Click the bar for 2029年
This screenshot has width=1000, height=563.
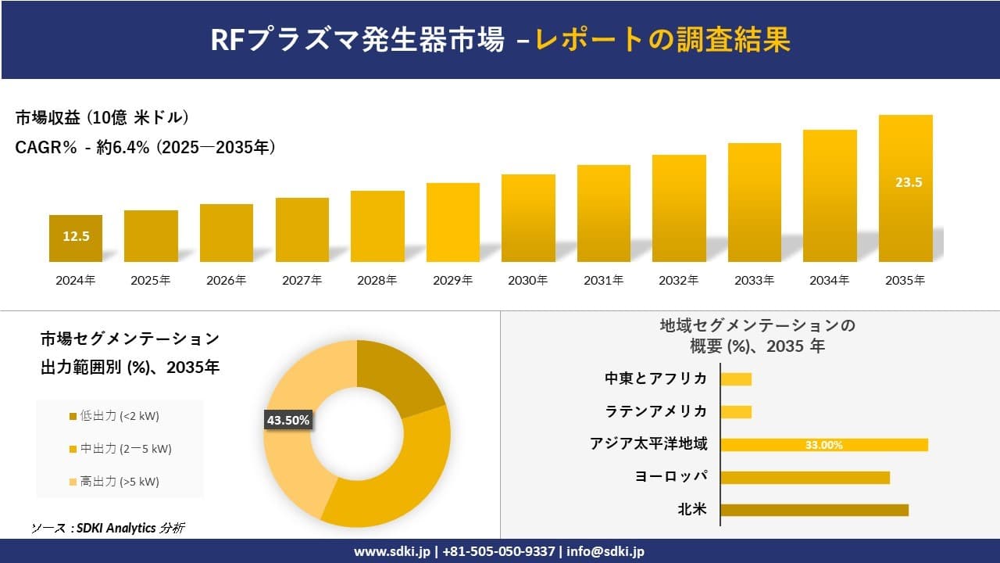[453, 223]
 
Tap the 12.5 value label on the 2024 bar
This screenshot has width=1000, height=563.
[76, 236]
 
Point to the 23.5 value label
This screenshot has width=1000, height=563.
[909, 182]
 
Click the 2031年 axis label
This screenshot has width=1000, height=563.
[603, 280]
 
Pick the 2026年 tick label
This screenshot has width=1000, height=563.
[226, 280]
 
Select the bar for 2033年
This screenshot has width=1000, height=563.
[755, 203]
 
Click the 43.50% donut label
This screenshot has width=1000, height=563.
[288, 421]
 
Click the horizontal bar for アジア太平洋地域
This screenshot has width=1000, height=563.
[824, 445]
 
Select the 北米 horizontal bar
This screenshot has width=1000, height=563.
[814, 510]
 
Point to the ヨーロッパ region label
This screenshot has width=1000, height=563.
[671, 477]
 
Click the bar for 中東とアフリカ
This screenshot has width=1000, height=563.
[736, 379]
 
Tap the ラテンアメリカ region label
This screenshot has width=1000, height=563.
[656, 411]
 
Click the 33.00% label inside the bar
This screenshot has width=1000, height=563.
[824, 446]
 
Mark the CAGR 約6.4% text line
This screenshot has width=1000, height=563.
[145, 148]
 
